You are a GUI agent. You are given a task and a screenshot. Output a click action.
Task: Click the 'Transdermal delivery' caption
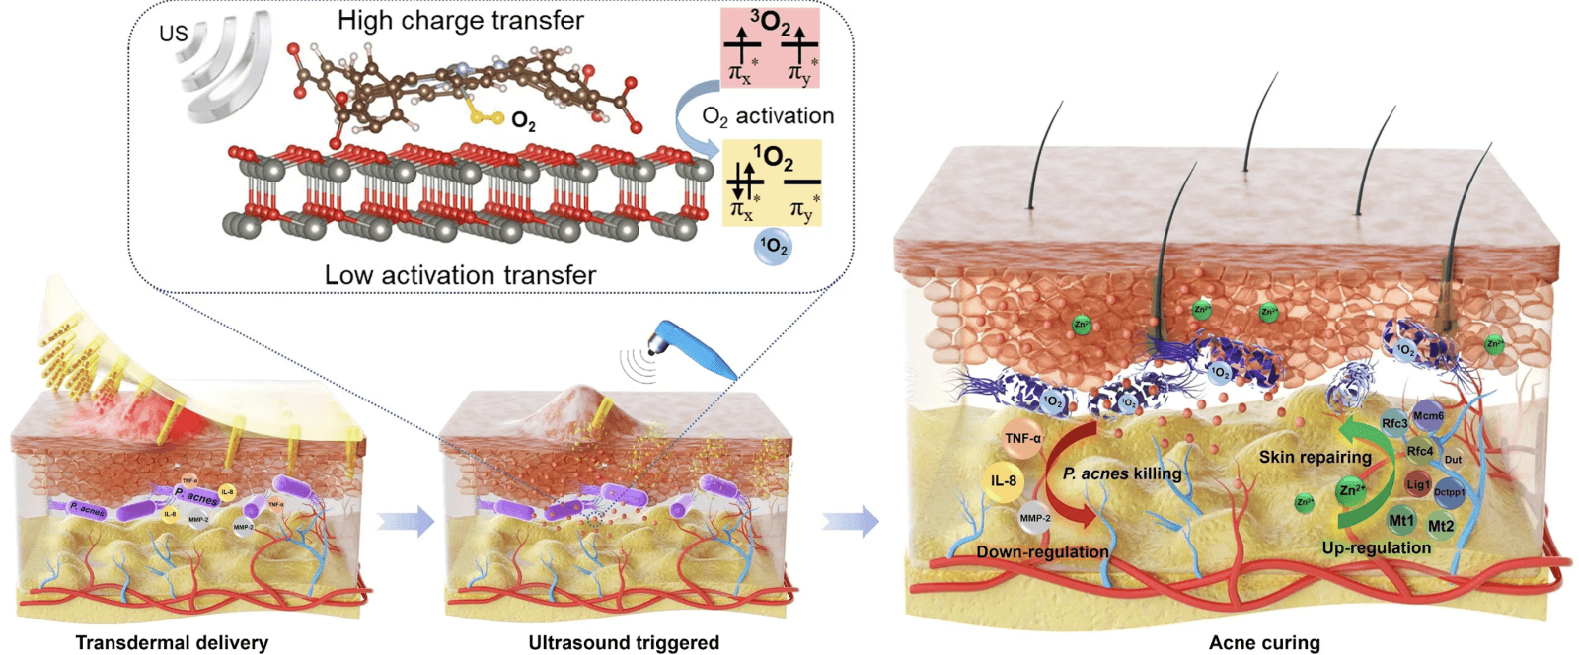(172, 642)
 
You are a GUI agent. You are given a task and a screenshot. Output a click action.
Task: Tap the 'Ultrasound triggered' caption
(624, 642)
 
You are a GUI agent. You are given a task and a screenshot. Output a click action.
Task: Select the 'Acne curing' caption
(1264, 642)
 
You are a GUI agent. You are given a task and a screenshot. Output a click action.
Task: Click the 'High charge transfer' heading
(460, 20)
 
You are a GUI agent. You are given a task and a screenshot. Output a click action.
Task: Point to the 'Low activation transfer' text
(460, 274)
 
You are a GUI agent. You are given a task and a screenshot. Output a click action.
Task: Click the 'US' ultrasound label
(174, 34)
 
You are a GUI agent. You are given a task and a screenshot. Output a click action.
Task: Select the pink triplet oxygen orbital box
(770, 47)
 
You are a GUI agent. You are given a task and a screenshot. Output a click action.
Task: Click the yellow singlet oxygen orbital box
(772, 182)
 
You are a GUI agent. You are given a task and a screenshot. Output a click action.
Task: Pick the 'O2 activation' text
(768, 116)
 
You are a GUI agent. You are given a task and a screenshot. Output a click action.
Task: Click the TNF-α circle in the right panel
(1022, 438)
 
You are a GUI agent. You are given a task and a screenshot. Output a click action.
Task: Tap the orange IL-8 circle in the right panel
(1004, 480)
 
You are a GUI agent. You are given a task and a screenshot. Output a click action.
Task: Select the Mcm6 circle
(1428, 416)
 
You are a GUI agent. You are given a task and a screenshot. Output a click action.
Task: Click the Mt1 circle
(1401, 520)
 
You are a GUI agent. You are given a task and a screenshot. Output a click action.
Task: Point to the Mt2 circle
(1441, 526)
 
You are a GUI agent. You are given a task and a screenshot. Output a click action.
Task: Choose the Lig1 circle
(1418, 484)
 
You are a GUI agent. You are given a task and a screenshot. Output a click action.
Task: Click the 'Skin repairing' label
(1315, 457)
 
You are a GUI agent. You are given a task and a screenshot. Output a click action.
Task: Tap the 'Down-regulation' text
(1042, 551)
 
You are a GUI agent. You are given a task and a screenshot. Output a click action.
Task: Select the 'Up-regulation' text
(1376, 547)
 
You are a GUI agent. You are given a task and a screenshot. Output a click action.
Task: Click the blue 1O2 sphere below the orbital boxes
(773, 247)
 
